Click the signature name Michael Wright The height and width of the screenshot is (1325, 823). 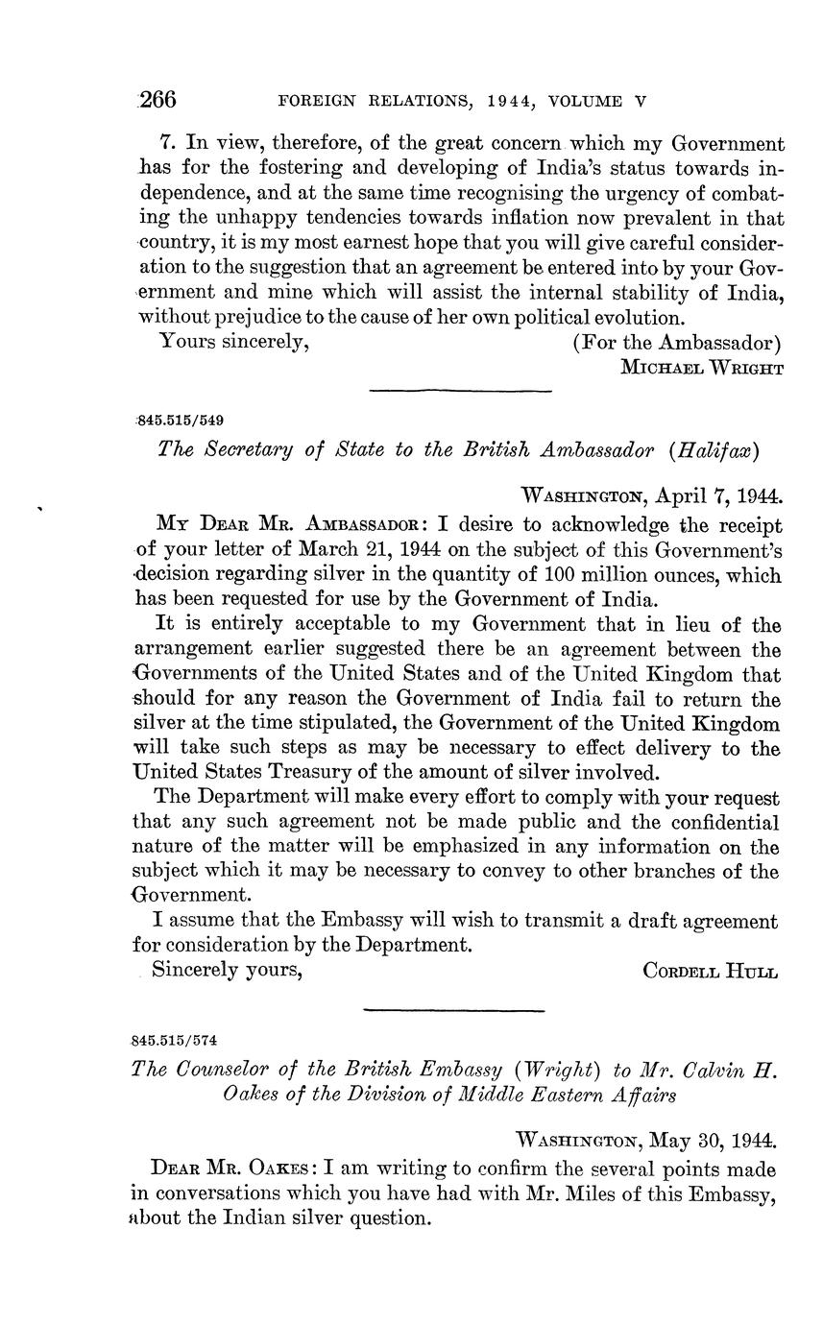click(700, 367)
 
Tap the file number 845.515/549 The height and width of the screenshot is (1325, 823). click(182, 421)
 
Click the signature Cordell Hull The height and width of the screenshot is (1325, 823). click(710, 970)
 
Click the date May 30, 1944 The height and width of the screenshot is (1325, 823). click(712, 1141)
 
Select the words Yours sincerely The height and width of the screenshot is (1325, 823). click(233, 341)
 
